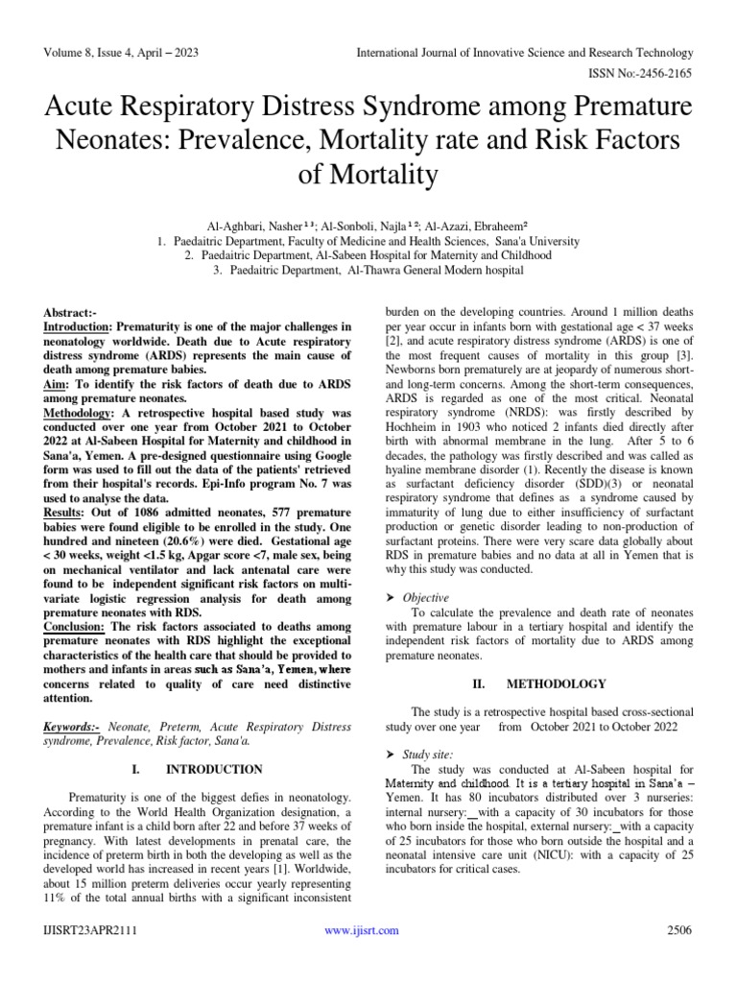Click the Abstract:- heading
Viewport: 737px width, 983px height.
point(71,314)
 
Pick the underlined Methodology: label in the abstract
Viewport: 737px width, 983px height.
point(82,413)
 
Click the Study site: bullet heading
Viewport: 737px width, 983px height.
point(428,755)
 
